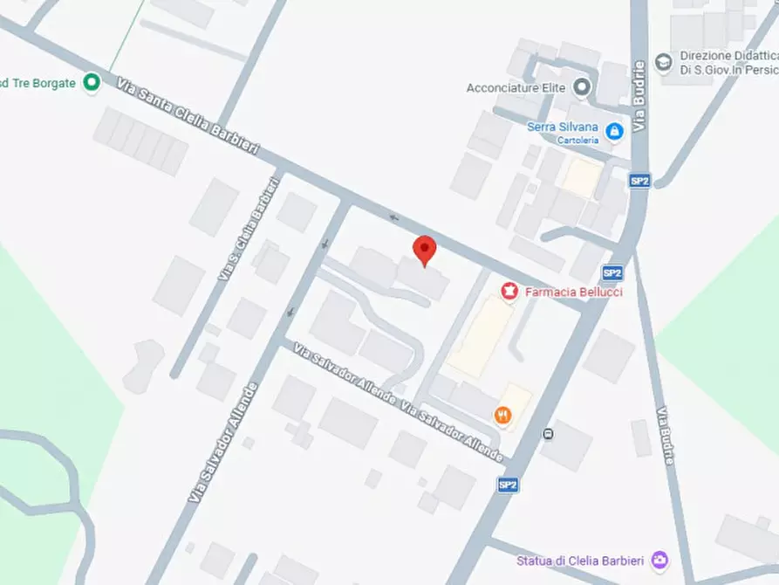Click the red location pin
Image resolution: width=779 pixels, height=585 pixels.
click(424, 249)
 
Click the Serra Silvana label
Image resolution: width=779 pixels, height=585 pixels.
click(563, 127)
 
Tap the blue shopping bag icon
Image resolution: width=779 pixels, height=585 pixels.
click(615, 131)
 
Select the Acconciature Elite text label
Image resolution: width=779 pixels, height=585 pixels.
click(516, 87)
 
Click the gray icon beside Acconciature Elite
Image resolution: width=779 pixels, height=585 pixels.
click(583, 87)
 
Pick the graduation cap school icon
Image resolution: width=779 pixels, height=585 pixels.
click(663, 61)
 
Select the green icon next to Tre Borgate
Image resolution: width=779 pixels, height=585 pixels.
click(91, 83)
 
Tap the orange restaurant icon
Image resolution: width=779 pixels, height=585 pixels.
click(502, 415)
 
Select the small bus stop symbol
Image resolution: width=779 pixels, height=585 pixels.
click(548, 433)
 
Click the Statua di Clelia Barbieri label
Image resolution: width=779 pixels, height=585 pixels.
click(582, 560)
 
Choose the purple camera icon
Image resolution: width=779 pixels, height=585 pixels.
click(662, 559)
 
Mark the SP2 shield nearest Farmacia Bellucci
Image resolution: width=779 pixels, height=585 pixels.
click(612, 272)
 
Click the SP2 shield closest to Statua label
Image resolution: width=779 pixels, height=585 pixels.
click(509, 485)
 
